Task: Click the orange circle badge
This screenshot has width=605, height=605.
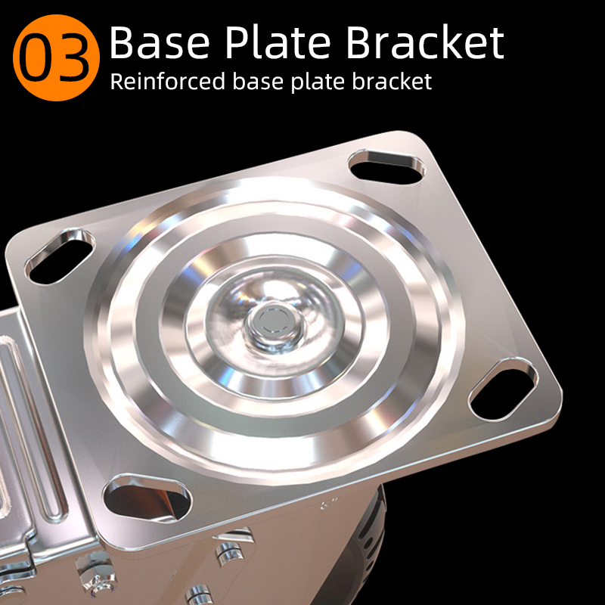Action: [56, 58]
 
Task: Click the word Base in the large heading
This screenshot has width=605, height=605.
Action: [160, 42]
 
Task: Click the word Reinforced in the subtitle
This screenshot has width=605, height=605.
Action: [168, 81]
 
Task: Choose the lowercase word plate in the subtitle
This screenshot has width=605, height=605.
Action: [318, 82]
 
